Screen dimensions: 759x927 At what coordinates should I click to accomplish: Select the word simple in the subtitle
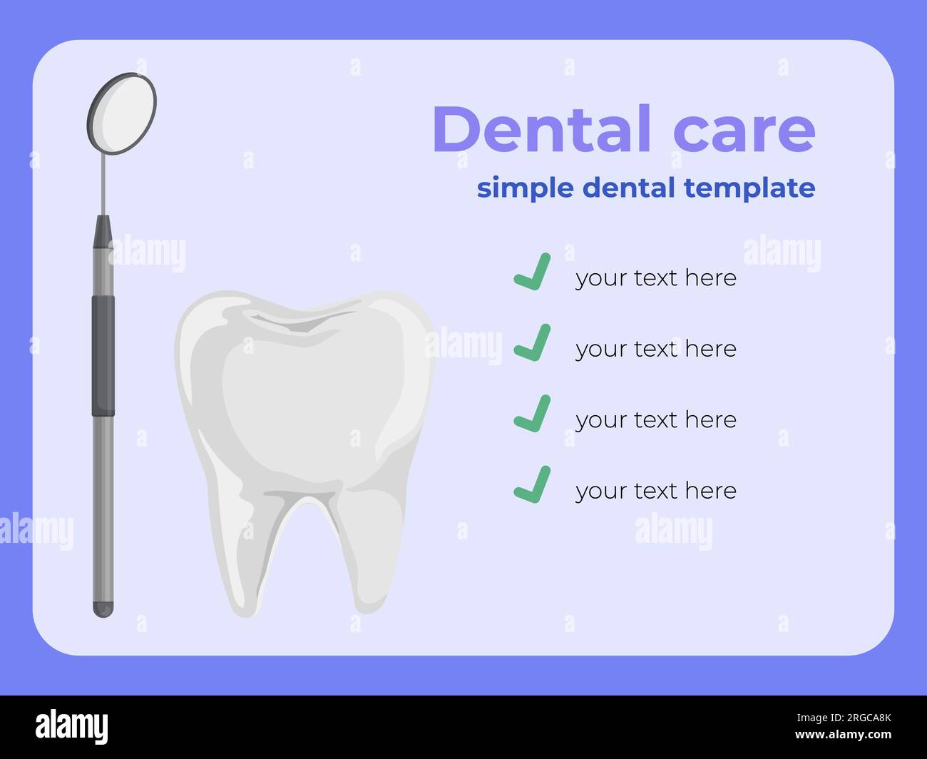pyautogui.click(x=525, y=188)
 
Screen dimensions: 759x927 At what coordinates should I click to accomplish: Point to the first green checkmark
pyautogui.click(x=533, y=272)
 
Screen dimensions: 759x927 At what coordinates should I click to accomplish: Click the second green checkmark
pyautogui.click(x=533, y=342)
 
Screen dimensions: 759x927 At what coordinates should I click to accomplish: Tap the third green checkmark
pyautogui.click(x=533, y=414)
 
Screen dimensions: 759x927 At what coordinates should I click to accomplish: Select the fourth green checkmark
pyautogui.click(x=533, y=484)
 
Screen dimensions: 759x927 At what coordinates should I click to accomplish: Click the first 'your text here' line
pyautogui.click(x=655, y=277)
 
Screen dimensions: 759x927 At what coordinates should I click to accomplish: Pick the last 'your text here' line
pyautogui.click(x=655, y=491)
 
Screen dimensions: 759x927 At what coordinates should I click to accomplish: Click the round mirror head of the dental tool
pyautogui.click(x=122, y=113)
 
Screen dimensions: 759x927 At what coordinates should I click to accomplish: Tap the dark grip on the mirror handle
pyautogui.click(x=103, y=355)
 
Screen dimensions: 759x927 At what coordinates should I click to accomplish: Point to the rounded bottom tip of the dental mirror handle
pyautogui.click(x=103, y=609)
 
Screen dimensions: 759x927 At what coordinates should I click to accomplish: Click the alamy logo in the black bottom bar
pyautogui.click(x=72, y=727)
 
